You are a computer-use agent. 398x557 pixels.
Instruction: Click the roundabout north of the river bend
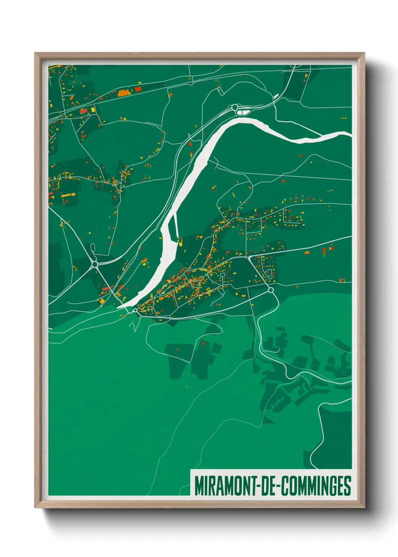pyautogui.click(x=235, y=107)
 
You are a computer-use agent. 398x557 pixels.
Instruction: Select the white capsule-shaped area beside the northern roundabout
pyautogui.click(x=244, y=111)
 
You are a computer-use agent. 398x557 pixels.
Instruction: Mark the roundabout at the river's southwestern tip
pyautogui.click(x=135, y=310)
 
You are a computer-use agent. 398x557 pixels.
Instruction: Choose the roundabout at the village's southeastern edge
pyautogui.click(x=270, y=290)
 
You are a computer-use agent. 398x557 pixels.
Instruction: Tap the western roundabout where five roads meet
pyautogui.click(x=94, y=265)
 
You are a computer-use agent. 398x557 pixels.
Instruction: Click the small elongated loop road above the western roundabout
pyautogui.click(x=93, y=248)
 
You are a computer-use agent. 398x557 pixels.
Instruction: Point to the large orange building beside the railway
pyautogui.click(x=123, y=93)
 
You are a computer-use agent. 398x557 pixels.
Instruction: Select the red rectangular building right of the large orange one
pyautogui.click(x=138, y=89)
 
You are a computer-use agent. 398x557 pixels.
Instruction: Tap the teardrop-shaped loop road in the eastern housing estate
pyautogui.click(x=268, y=274)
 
